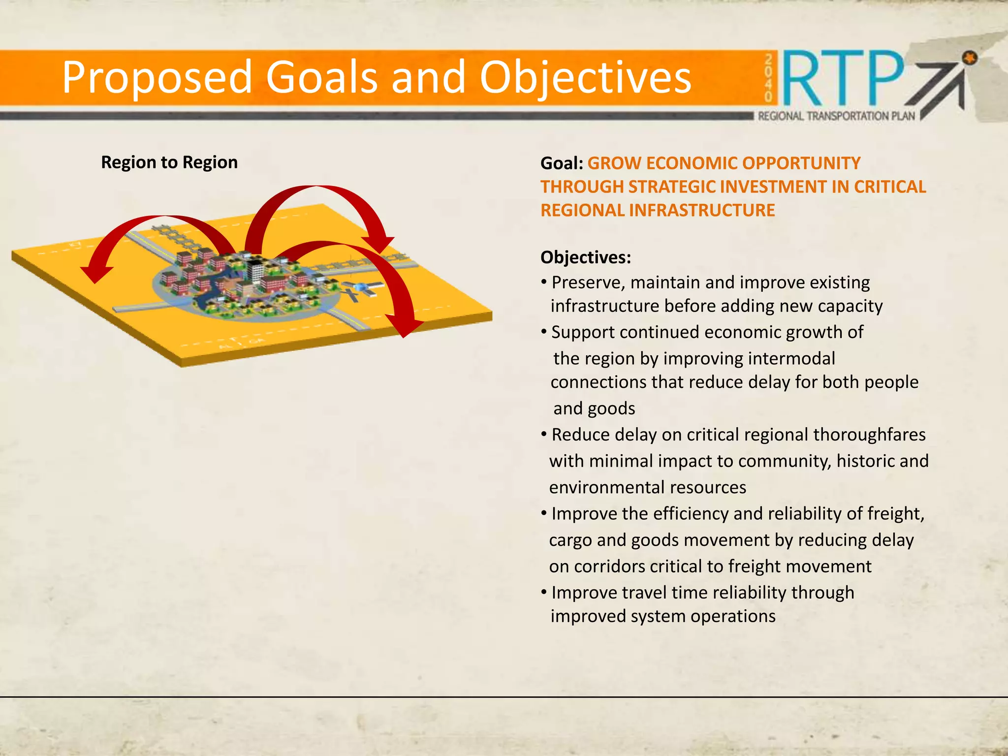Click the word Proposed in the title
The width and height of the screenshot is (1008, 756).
click(157, 78)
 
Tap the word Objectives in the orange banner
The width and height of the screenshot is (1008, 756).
click(585, 78)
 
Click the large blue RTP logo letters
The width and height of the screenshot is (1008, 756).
click(843, 79)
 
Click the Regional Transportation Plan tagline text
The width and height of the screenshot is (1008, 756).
click(836, 116)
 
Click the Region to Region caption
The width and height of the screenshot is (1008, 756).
click(169, 162)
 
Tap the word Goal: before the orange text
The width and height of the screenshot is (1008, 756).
click(562, 163)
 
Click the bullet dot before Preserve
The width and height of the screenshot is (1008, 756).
click(544, 282)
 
